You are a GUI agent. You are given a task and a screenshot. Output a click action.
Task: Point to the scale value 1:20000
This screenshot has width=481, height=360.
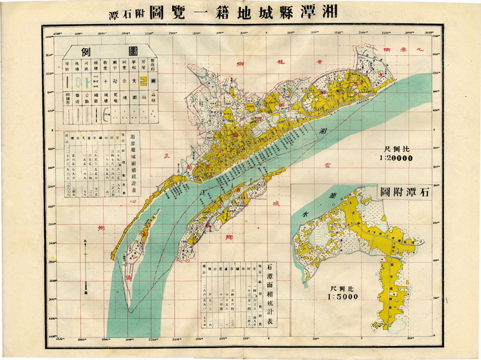point(395,158)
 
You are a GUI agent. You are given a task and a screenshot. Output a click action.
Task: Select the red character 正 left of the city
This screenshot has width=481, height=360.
point(167,156)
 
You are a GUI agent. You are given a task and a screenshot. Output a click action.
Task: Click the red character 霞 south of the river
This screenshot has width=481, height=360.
point(327,160)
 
